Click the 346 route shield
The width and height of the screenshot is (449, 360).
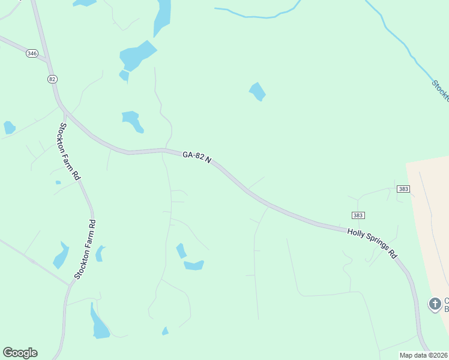coord(32,53)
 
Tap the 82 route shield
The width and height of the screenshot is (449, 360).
coord(53,79)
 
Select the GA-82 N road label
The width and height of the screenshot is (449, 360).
coord(197,157)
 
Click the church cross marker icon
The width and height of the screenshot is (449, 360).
coord(434,304)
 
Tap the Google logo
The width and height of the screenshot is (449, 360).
coord(20,353)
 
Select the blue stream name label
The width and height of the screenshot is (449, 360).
coord(440,90)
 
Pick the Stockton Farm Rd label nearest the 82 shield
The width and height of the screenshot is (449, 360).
coord(70,151)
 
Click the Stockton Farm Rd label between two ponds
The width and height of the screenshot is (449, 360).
coord(85,250)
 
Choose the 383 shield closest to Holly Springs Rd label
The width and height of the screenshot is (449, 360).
coord(358,215)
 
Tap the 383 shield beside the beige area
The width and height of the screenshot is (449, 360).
coord(403,189)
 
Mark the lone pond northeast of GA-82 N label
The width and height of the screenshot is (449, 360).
coord(258,91)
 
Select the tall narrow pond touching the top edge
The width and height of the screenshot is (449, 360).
coord(161,16)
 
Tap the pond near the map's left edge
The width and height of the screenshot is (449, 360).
coord(9,127)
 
